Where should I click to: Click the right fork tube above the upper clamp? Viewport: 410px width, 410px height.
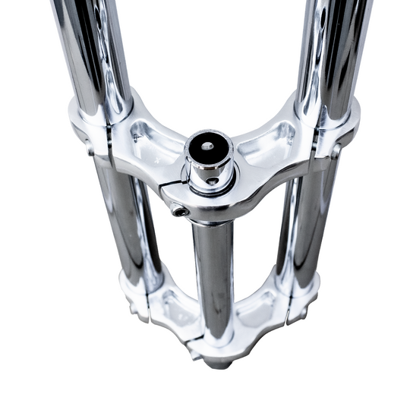coord(334,46)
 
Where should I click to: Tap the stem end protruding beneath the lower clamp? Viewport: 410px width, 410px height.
coord(217,363)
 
